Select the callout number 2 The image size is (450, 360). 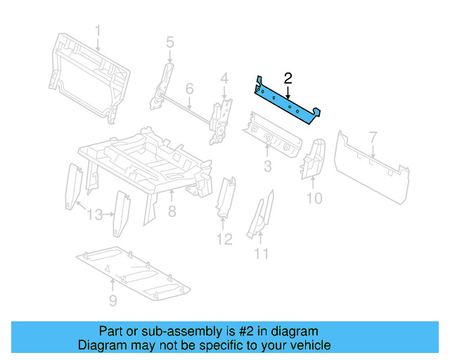pos(288,78)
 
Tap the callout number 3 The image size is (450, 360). pos(268,167)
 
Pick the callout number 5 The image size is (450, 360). pos(169,43)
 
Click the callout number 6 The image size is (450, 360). pos(189,89)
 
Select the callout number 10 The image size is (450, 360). pos(314,198)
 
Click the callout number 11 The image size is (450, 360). pos(262,253)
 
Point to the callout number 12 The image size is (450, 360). pos(224,240)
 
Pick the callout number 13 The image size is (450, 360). pos(96,214)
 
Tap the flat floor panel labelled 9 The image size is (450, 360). pos(134,271)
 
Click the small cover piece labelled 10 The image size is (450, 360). pos(312,160)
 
